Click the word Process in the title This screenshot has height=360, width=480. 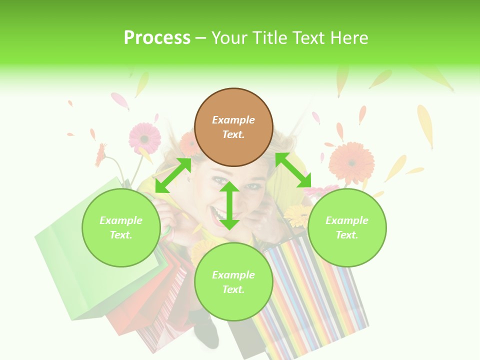[x=157, y=38]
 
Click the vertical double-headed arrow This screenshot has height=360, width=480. [x=229, y=205]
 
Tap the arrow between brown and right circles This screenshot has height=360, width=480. [x=293, y=170]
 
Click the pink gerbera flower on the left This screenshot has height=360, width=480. [x=145, y=137]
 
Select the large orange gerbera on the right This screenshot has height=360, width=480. [x=351, y=162]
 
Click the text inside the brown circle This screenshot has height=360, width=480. [x=233, y=127]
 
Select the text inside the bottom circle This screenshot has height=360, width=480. [x=233, y=282]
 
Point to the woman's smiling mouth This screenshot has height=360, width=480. [x=220, y=213]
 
